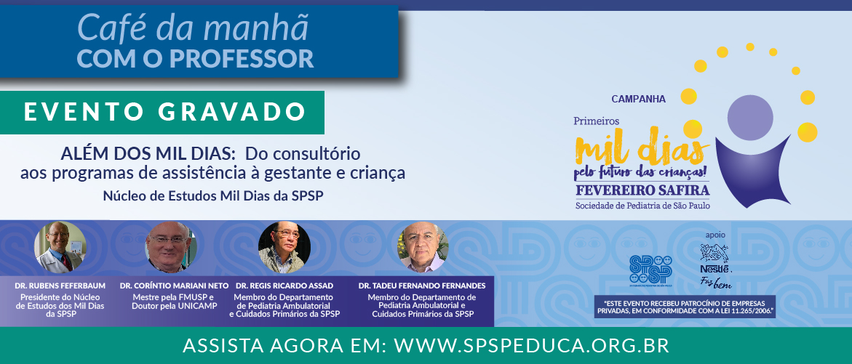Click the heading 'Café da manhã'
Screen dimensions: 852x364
pos(193,28)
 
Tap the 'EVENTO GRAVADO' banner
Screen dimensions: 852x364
pos(162,113)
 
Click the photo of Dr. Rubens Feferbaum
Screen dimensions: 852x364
pos(60,247)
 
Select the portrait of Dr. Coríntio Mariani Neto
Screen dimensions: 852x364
pos(170,247)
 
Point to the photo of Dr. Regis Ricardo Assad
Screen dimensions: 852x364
pos(284,247)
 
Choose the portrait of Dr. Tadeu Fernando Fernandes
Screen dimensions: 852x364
pos(423,247)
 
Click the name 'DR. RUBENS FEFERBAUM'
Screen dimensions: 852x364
pos(60,286)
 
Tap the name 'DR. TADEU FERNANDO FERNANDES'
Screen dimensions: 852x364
pos(422,286)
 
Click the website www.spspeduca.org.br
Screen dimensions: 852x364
pos(531,346)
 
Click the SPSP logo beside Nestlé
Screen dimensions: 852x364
pos(650,270)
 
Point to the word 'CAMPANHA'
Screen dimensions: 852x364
pos(639,100)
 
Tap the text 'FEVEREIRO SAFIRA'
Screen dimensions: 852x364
pos(642,191)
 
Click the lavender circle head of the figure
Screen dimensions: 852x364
pos(750,118)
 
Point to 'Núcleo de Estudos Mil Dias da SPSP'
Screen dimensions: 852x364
pos(213,196)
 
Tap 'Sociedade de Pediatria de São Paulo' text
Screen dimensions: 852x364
pos(642,206)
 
